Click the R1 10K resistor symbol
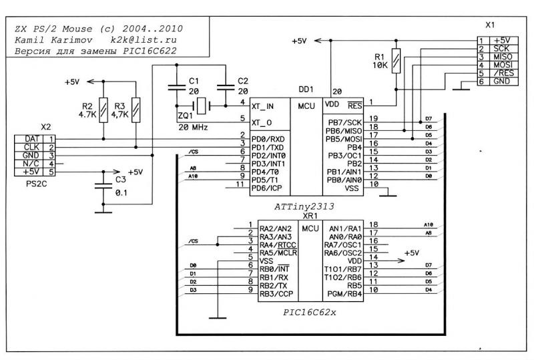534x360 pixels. [x=396, y=61]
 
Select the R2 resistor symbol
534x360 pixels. [x=103, y=107]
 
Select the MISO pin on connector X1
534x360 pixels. [x=502, y=57]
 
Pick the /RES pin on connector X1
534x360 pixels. [x=502, y=73]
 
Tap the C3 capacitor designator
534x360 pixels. [x=120, y=180]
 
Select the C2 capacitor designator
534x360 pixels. [x=242, y=80]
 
